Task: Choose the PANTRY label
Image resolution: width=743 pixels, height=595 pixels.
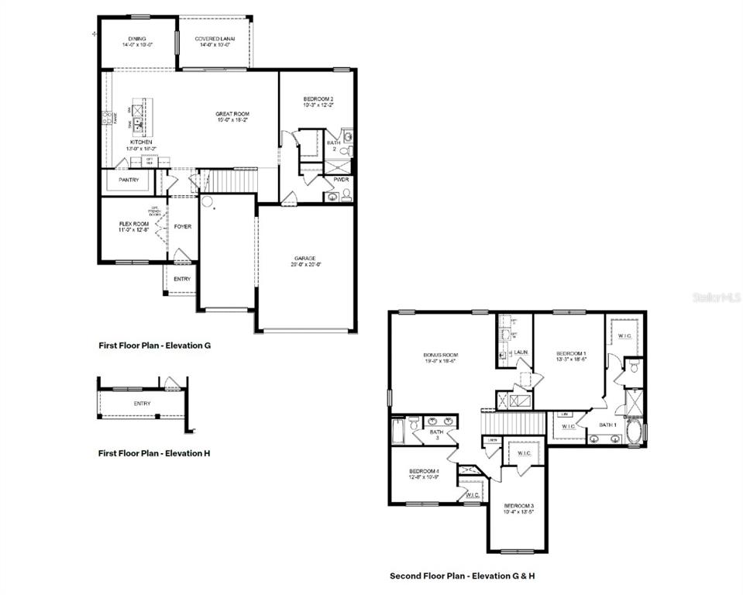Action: (x=129, y=180)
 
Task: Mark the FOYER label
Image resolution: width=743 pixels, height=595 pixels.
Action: (x=183, y=226)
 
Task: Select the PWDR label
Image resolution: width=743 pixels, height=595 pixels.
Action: (x=341, y=179)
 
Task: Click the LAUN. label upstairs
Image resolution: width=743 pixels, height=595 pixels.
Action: (x=522, y=353)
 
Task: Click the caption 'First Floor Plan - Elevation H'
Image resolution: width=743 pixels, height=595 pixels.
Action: (x=153, y=453)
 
